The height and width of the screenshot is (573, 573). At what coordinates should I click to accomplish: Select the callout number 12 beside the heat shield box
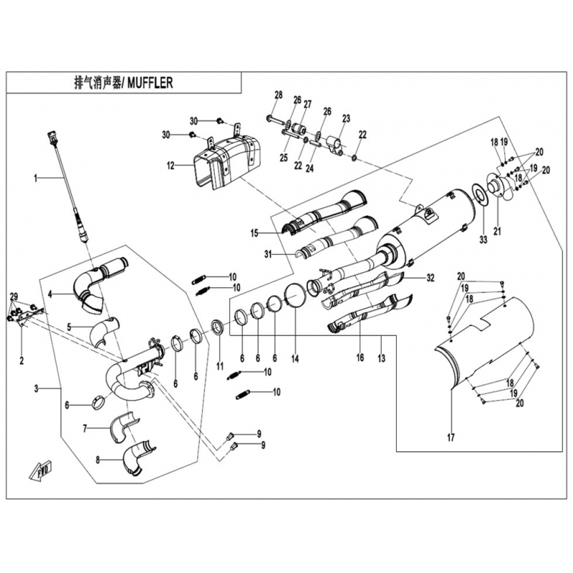coord(170,165)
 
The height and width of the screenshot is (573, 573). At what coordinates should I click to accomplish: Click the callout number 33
coord(482,239)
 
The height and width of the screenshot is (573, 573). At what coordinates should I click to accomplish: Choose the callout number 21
coord(497,230)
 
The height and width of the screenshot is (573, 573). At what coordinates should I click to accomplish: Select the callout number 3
coord(36,389)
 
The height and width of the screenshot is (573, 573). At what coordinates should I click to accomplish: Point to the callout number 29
coord(13,297)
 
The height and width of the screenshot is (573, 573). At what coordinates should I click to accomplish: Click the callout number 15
coord(254,233)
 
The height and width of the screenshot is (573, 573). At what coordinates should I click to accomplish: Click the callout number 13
coord(382,357)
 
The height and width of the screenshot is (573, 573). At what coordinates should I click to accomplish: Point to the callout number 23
coord(346,118)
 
